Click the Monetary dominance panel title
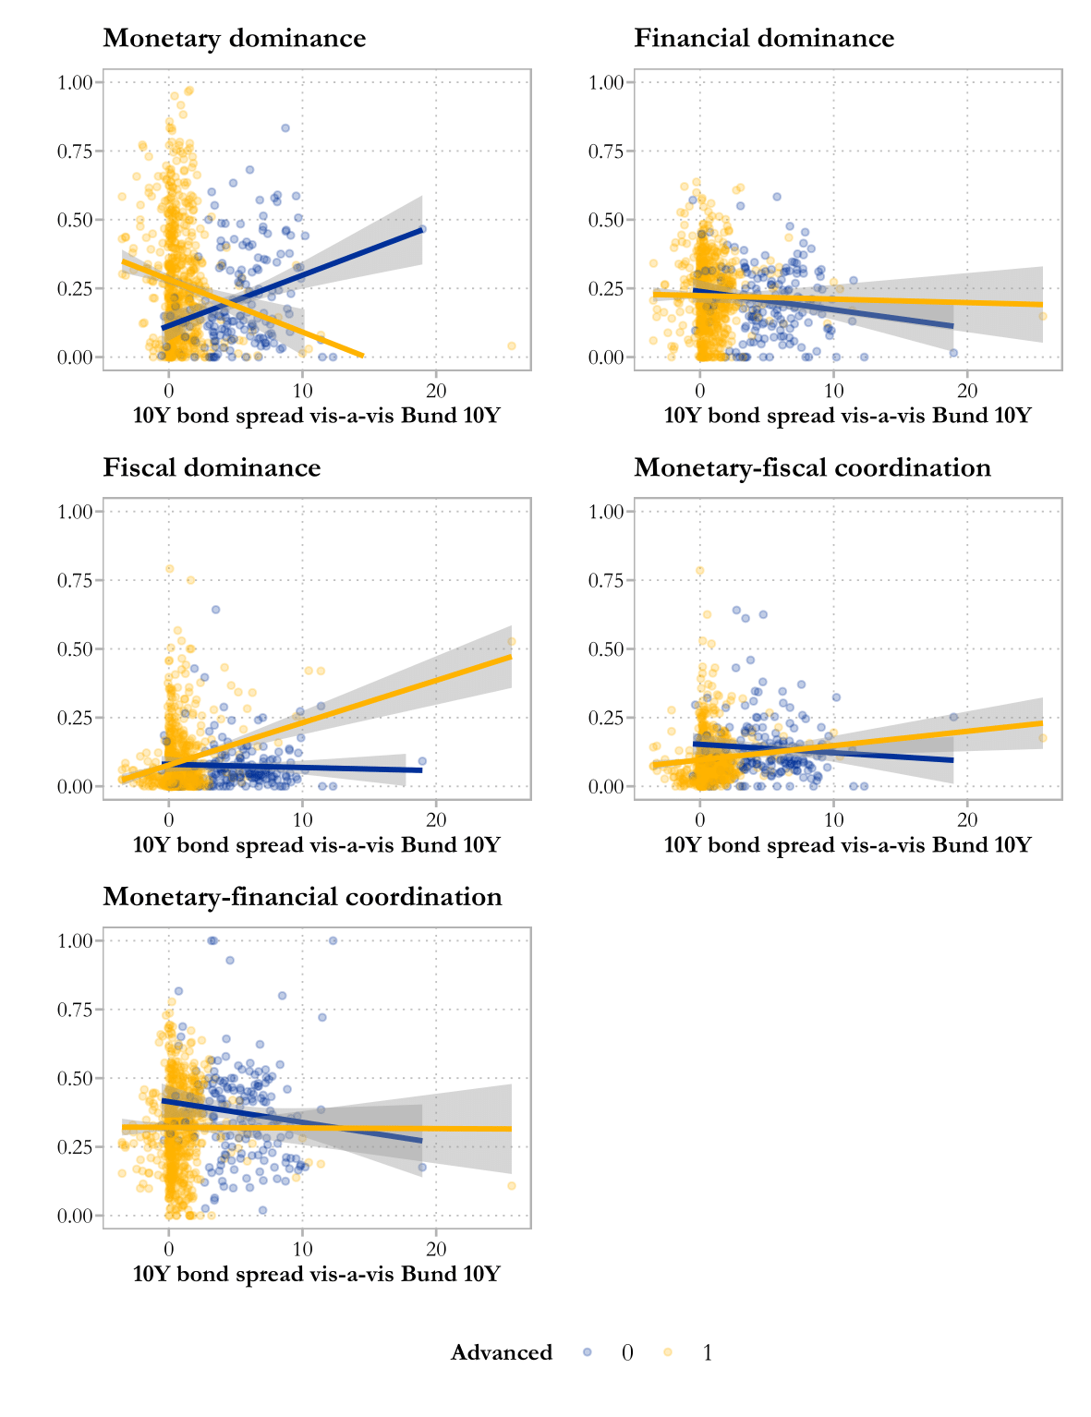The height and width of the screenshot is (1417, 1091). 234,39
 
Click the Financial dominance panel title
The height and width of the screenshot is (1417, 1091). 764,39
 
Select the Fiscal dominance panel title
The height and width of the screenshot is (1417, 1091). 212,468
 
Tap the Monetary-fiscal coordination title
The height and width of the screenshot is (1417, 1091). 812,468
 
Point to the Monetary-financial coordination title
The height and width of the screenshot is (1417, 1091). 302,897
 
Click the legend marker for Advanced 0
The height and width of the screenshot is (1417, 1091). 588,1352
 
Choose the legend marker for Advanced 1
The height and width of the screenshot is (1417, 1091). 668,1352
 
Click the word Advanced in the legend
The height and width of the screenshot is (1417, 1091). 501,1352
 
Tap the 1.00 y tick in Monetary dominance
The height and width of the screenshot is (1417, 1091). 75,82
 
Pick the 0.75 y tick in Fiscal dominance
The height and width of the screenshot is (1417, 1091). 75,580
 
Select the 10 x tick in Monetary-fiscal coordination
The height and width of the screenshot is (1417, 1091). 833,818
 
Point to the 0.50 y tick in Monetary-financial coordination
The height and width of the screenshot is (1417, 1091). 75,1078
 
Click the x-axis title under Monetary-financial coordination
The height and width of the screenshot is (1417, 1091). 316,1274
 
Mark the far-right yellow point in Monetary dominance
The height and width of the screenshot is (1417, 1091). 512,345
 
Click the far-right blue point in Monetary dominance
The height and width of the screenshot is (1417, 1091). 422,229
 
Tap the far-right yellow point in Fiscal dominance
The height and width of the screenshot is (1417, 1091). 512,641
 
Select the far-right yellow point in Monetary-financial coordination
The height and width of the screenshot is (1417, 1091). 512,1185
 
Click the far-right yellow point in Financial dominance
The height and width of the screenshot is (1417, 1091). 1043,316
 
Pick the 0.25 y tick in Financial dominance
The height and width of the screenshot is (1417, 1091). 606,288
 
